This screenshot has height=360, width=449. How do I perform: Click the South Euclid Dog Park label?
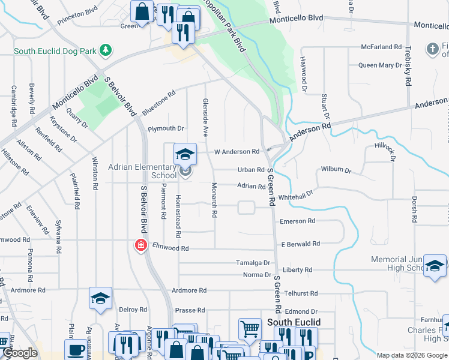(x=55, y=51)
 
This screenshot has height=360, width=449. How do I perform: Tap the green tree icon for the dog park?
(x=106, y=49)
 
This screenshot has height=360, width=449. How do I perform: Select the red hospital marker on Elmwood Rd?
(x=140, y=245)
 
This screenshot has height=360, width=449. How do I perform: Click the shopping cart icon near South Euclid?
(x=250, y=328)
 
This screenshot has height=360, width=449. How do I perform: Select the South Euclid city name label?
(x=294, y=322)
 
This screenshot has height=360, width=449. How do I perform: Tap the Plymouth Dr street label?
(x=166, y=128)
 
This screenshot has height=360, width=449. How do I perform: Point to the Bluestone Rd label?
(x=159, y=102)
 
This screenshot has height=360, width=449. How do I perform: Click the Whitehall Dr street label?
(x=296, y=196)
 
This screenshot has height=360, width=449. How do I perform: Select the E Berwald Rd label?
(x=300, y=244)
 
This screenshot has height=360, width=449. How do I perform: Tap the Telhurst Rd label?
(x=301, y=293)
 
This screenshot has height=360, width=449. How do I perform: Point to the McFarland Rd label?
(x=381, y=47)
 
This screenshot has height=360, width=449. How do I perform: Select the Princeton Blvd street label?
(x=77, y=17)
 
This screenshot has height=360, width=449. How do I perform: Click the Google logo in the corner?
(x=20, y=353)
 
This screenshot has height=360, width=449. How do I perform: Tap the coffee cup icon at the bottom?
(x=76, y=349)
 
